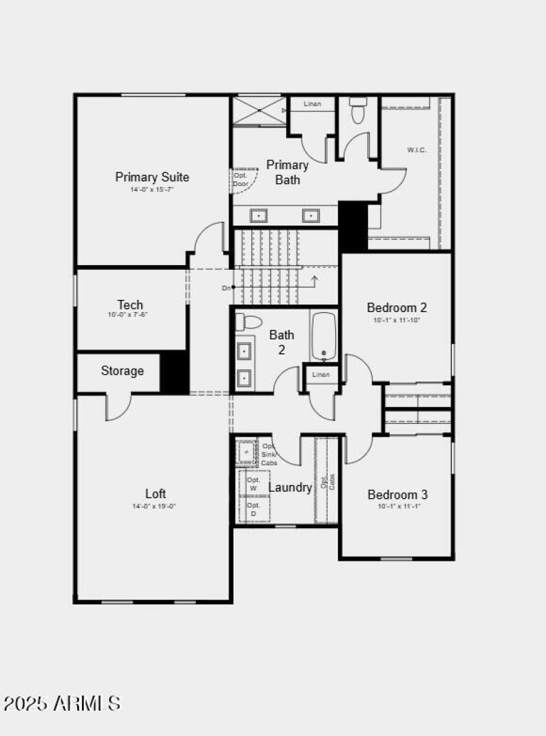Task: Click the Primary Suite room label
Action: tap(152, 177)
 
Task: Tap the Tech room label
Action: tap(130, 305)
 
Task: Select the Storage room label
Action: tap(122, 371)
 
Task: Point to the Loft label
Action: tap(155, 493)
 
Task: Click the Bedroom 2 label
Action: tap(397, 307)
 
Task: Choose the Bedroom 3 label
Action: tap(397, 495)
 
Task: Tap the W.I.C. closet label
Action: tap(417, 150)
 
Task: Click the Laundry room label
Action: tap(289, 487)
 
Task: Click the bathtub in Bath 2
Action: tap(323, 336)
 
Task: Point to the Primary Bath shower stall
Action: tap(259, 111)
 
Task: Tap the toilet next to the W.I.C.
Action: tap(358, 110)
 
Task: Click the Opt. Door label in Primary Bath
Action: tap(240, 179)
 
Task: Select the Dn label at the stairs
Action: tap(227, 288)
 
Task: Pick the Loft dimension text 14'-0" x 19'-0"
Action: tap(154, 506)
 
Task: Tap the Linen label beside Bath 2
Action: tap(321, 375)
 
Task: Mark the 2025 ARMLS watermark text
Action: tap(62, 703)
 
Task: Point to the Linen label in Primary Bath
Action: tap(313, 104)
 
